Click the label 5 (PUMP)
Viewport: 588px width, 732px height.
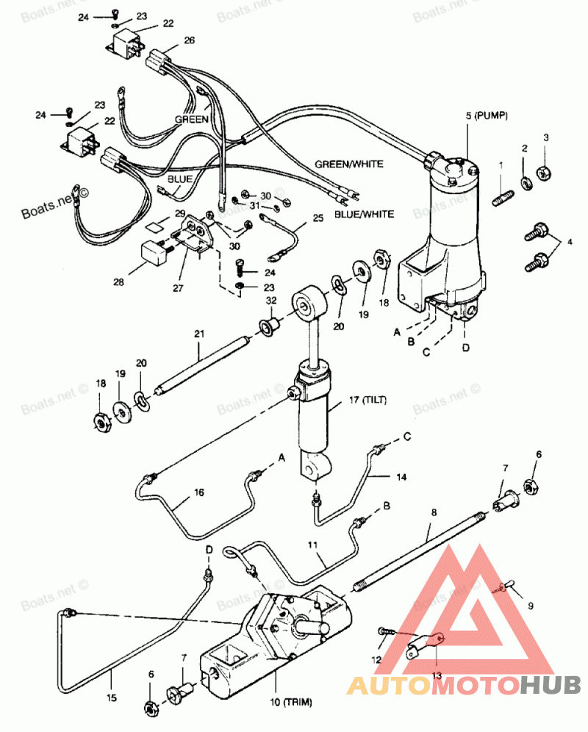click(x=486, y=116)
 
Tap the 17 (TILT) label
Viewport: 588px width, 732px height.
click(x=368, y=400)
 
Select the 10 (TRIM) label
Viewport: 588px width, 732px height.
click(x=290, y=702)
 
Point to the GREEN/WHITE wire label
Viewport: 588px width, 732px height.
click(x=349, y=164)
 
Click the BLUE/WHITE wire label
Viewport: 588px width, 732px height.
click(x=365, y=215)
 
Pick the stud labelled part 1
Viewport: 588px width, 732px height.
click(x=503, y=198)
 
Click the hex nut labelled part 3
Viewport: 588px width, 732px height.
click(x=544, y=173)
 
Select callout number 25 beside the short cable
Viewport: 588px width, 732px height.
click(x=318, y=218)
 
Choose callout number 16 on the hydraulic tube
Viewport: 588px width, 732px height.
click(x=199, y=492)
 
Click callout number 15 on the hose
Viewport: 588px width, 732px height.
click(x=112, y=698)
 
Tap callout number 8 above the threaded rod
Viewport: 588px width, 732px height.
click(x=434, y=512)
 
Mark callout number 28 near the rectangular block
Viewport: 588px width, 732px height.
click(x=118, y=282)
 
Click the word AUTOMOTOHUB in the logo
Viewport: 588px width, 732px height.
click(x=463, y=686)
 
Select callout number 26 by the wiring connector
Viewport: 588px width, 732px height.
click(x=189, y=40)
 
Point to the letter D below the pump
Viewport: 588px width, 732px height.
click(x=466, y=348)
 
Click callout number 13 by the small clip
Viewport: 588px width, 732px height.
click(x=437, y=675)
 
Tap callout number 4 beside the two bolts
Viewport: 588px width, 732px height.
click(x=570, y=242)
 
